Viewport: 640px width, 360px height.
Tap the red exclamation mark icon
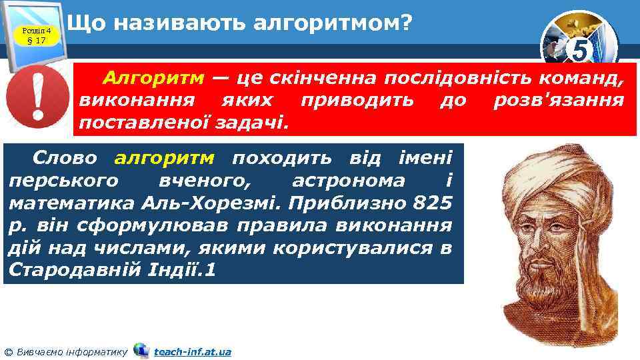37,101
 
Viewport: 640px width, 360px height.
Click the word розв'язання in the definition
559,101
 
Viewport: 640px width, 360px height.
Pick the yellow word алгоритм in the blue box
165,159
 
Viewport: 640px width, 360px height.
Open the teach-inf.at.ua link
192,351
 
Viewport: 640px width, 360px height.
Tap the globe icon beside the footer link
141,350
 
